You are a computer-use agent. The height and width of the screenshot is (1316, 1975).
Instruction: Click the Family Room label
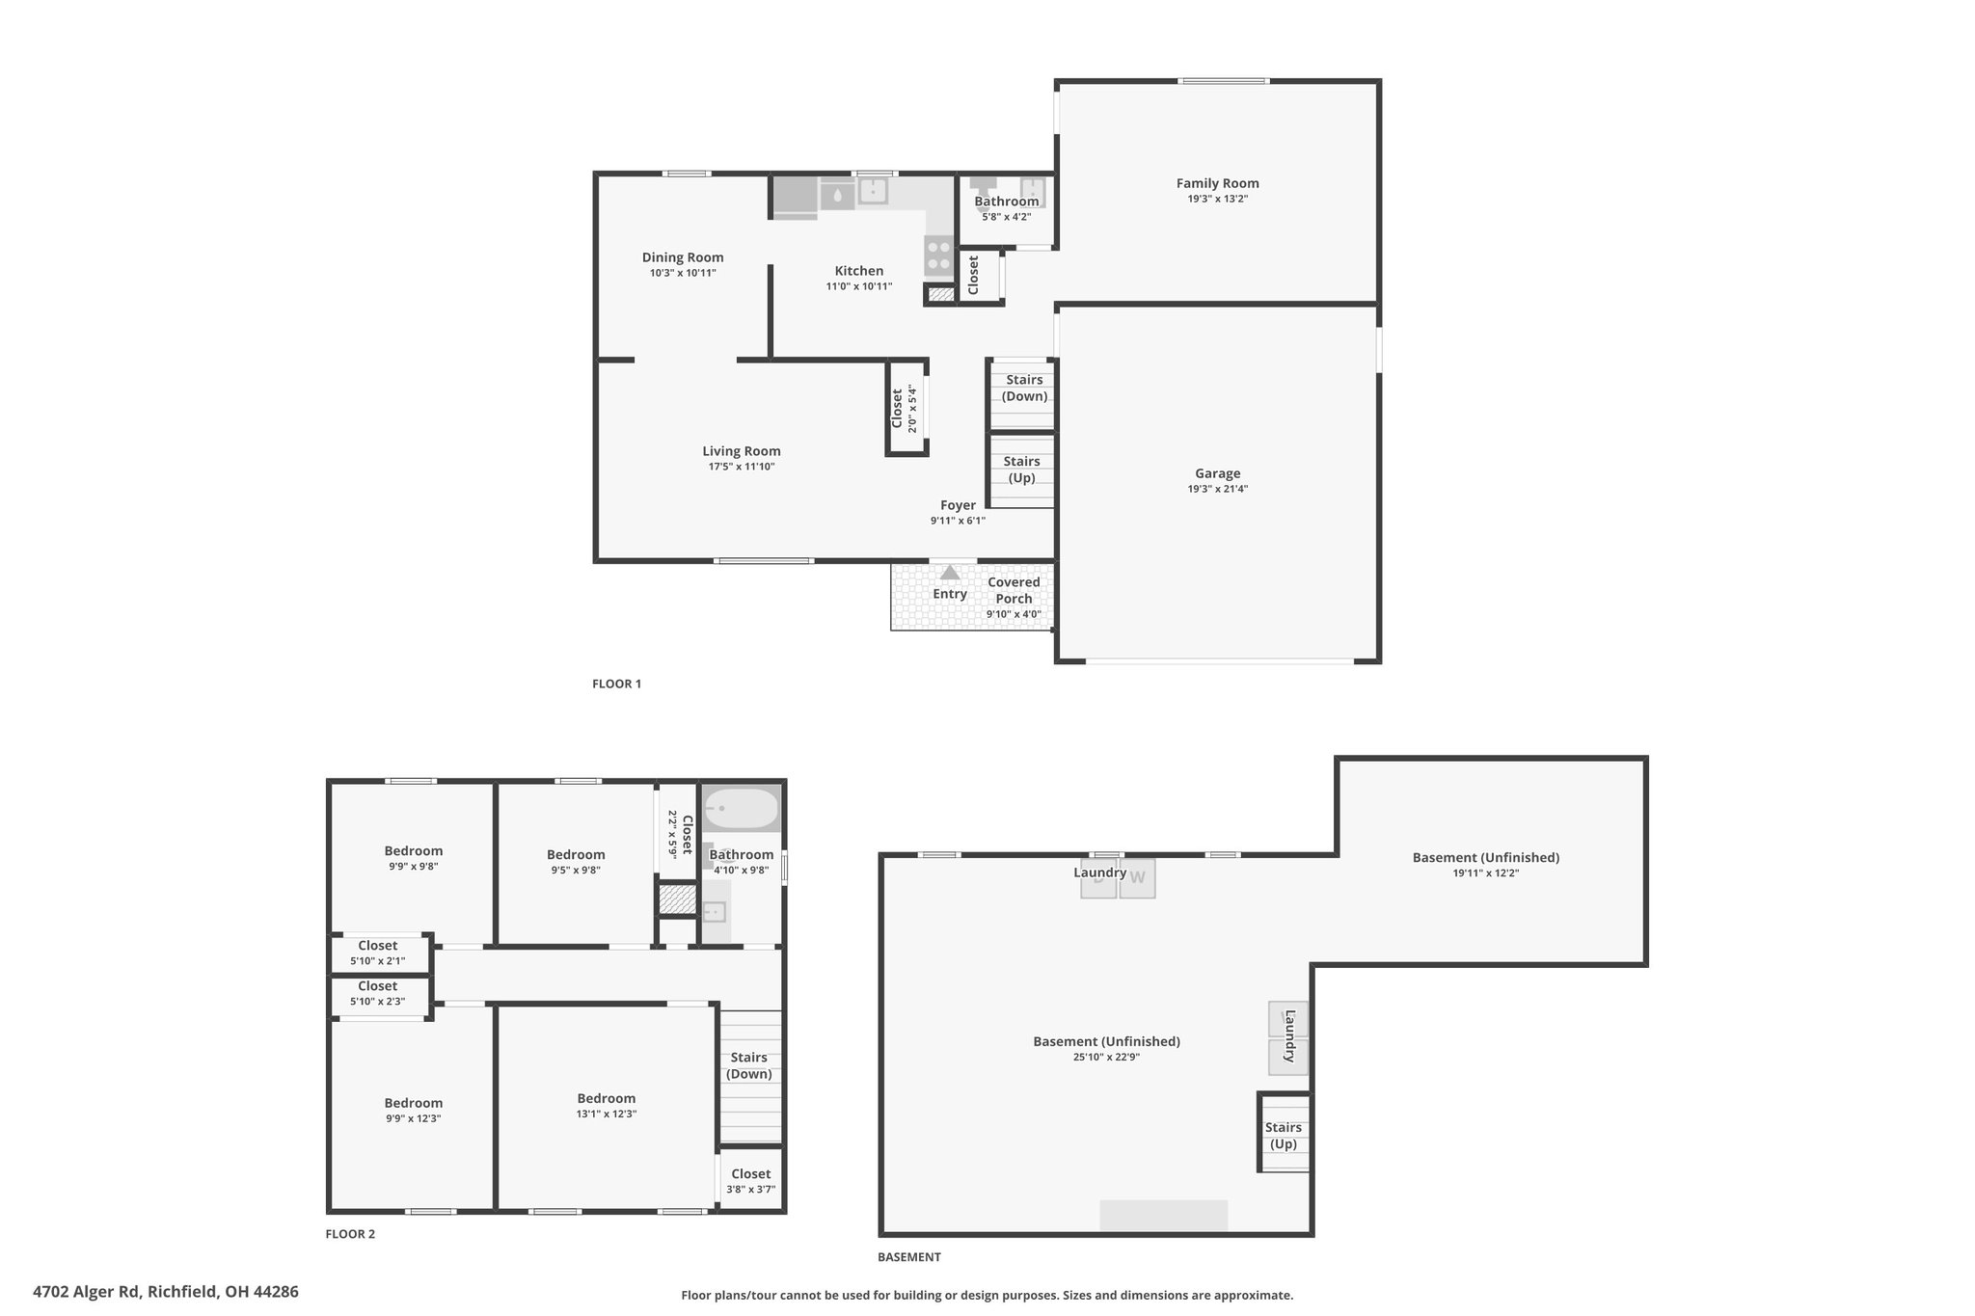[1217, 183]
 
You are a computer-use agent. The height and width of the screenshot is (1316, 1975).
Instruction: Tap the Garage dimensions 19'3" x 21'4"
[1217, 489]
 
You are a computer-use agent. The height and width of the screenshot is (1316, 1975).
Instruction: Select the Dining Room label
[683, 257]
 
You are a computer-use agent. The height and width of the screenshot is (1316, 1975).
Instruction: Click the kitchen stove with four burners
[938, 257]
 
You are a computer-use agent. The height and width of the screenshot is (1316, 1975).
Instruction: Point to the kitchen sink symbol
[873, 190]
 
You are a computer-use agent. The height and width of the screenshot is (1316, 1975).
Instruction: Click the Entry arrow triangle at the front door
[950, 573]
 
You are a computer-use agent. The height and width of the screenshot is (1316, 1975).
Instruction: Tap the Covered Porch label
[1014, 590]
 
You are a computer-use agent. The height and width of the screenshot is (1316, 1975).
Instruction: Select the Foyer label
[958, 505]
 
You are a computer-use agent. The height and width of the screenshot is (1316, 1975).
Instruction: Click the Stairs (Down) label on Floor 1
[1024, 388]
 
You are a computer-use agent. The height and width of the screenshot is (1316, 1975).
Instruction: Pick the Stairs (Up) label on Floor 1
[1021, 470]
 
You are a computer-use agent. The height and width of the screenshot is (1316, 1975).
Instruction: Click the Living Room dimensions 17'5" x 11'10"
[742, 467]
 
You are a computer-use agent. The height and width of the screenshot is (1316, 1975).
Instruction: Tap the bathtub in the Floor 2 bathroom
[741, 809]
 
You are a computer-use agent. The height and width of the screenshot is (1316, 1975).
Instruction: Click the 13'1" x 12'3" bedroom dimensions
[607, 1114]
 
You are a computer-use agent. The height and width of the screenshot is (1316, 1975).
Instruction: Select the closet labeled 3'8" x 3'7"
[750, 1181]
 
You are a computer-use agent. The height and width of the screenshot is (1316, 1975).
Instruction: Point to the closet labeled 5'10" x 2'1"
[378, 953]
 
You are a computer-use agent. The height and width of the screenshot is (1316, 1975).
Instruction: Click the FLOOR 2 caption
[350, 1234]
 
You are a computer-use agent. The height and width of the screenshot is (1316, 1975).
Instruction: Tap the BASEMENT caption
[909, 1257]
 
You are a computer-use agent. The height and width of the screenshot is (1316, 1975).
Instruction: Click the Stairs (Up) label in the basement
[1284, 1136]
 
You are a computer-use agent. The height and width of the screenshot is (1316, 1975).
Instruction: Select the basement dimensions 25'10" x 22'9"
[1107, 1057]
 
